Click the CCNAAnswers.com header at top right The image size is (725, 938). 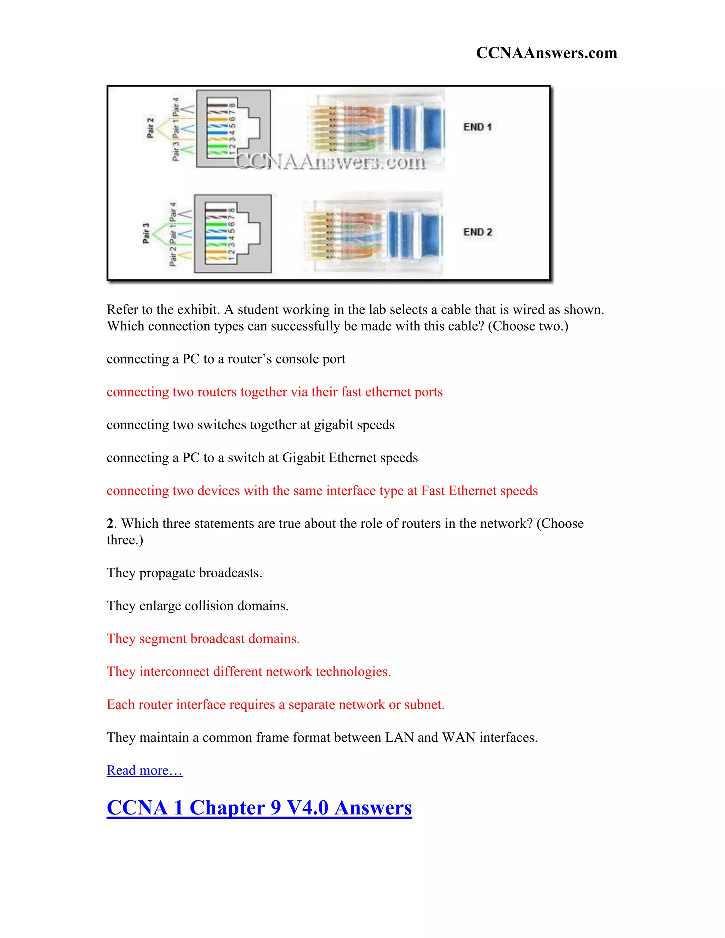546,53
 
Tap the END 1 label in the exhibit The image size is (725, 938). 477,127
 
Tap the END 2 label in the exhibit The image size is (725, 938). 477,232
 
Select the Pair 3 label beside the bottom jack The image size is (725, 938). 146,233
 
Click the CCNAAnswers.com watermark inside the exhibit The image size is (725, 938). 331,162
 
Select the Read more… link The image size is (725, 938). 144,770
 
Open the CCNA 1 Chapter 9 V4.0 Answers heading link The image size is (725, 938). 259,807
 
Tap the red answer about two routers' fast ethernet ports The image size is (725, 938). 274,392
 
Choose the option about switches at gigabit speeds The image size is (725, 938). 250,425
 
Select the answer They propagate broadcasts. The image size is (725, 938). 184,573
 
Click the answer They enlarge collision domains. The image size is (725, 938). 198,606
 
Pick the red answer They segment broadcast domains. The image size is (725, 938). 203,639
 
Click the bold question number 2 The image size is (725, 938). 110,524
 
